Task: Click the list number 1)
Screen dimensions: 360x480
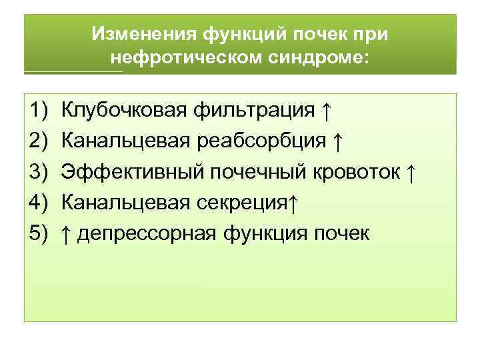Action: pos(39,110)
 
